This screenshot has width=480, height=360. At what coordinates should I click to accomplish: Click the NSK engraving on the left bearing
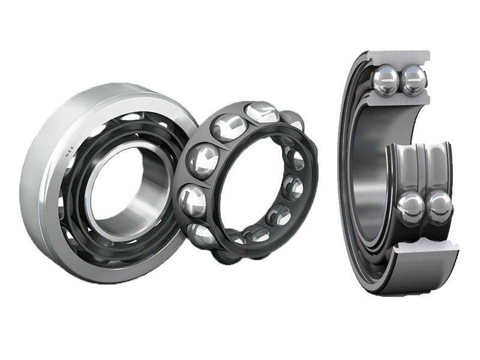tap(70, 152)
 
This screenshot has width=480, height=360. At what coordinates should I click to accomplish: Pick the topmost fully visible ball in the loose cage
tap(261, 112)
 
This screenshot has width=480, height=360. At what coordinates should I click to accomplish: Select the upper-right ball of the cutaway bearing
tap(413, 81)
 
